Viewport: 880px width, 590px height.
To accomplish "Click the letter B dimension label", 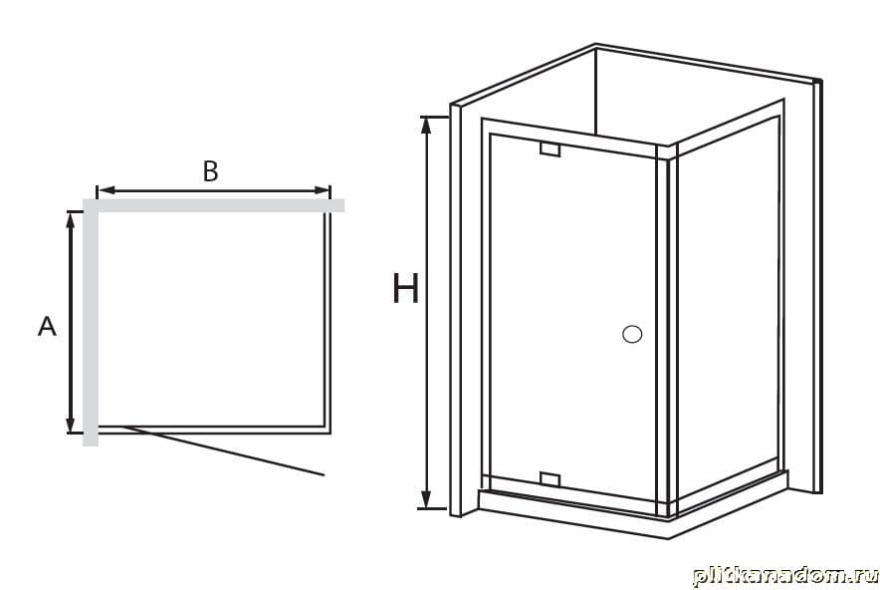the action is (x=210, y=171).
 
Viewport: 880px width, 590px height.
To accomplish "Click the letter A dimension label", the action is (x=47, y=326).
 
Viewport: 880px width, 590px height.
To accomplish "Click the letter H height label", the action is (x=405, y=288).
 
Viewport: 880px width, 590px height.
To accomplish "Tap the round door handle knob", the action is (x=632, y=334).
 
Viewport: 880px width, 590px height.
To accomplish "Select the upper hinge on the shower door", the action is (x=550, y=149).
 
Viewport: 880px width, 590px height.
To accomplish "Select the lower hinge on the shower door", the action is (x=550, y=478).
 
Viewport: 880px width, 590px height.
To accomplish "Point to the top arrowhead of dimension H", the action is (x=426, y=125).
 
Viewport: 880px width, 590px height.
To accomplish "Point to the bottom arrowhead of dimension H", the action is (x=426, y=500).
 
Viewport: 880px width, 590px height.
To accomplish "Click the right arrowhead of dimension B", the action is (x=323, y=191).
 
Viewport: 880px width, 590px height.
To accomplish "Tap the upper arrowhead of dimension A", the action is (x=70, y=220).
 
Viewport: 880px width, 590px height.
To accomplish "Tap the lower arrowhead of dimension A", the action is (x=70, y=425).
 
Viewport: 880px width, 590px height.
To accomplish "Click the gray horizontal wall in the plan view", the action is (x=213, y=205).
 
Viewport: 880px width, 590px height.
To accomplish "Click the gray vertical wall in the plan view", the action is (x=91, y=323).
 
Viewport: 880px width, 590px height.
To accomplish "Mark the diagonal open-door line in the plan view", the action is (x=223, y=450).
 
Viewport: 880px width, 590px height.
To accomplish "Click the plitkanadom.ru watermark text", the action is (x=784, y=576).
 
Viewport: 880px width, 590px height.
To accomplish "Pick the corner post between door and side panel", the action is (x=667, y=332).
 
